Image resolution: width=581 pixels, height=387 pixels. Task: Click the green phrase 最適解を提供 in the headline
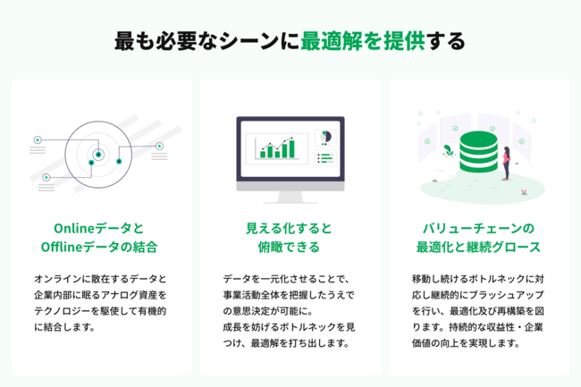(363, 41)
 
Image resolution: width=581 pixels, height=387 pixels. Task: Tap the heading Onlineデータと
(99, 228)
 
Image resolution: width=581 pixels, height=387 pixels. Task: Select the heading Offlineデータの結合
(99, 247)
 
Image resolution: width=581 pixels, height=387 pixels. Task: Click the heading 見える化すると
(289, 228)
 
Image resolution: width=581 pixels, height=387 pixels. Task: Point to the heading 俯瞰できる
(289, 247)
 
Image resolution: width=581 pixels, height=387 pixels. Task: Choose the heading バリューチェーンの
(478, 228)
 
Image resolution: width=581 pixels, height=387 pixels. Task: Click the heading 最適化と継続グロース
(478, 247)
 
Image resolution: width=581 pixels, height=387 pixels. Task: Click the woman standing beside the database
(506, 163)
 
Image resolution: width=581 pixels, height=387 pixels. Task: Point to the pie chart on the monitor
(325, 137)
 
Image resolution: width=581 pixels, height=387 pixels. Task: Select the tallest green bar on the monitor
(291, 149)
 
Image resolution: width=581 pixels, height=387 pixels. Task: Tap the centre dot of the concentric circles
(98, 155)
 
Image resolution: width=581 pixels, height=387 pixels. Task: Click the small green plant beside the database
(449, 151)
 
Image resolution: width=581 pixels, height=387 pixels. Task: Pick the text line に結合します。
(65, 327)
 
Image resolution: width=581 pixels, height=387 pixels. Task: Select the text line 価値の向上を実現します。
(466, 343)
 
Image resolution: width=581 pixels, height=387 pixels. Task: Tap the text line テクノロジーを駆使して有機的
(100, 311)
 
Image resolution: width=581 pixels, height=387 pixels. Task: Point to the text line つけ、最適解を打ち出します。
(286, 343)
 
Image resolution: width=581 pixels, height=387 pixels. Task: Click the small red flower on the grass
(524, 191)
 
